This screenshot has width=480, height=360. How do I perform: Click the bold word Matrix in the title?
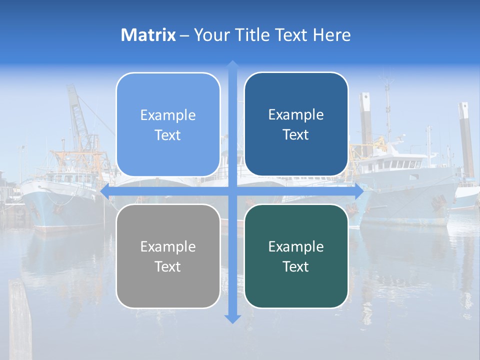click(148, 35)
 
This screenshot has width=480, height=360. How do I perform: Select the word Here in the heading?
click(331, 35)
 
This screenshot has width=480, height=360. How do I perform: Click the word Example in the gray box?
click(168, 247)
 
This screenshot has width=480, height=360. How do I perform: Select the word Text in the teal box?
click(295, 266)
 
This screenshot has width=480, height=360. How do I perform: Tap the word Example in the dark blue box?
click(296, 115)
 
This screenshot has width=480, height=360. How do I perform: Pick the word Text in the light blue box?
click(167, 135)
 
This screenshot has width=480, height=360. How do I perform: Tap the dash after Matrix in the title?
click(184, 35)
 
